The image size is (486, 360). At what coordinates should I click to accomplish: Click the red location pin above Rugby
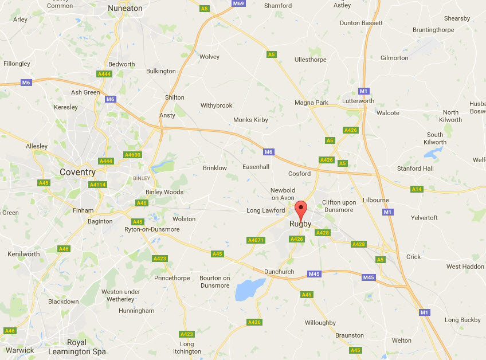(301, 209)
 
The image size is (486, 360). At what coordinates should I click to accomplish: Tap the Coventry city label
(77, 172)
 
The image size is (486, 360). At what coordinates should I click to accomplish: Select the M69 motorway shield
(238, 3)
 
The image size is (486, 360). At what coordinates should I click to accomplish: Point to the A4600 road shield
(132, 155)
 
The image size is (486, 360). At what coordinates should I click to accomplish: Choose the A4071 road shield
(256, 240)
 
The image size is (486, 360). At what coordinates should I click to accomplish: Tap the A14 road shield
(417, 189)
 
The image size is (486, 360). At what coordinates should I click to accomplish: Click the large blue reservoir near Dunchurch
(250, 289)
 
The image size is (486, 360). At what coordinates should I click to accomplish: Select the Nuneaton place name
(125, 9)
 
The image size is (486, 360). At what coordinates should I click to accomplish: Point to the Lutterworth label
(358, 101)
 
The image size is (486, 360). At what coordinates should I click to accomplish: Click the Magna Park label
(311, 103)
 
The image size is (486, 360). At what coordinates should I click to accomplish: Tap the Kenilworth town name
(23, 254)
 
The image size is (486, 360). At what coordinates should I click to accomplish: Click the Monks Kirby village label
(250, 120)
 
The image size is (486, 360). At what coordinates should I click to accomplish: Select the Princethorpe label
(172, 278)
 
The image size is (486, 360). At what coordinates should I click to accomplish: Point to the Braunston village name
(349, 335)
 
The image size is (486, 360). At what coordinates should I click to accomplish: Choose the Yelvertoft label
(424, 218)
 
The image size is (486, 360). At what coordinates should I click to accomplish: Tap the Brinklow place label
(215, 168)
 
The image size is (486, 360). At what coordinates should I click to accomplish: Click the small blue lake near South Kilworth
(437, 152)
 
